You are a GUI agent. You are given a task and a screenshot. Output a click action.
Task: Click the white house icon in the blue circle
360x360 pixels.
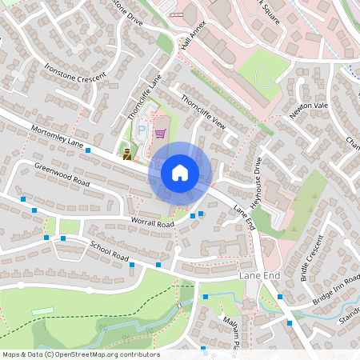coord(180,172)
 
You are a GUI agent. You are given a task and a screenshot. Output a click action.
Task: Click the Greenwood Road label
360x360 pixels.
coord(59,175)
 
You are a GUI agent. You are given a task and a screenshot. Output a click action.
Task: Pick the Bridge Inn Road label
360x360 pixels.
coord(336,289)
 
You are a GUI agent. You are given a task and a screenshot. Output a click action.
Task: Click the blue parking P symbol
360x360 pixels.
coord(142,129)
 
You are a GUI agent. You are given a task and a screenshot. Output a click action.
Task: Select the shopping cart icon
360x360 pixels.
coord(160,134)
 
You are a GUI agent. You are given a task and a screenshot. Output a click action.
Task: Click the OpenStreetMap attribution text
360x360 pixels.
coord(81,354)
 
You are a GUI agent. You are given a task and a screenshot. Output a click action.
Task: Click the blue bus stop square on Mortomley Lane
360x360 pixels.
coord(88,150)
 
